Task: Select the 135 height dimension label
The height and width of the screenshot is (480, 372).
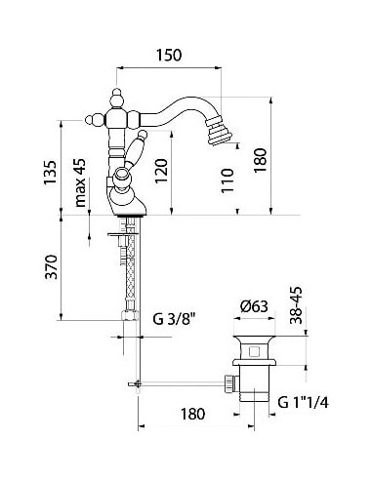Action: pos(65,174)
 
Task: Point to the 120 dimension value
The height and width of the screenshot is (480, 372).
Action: pos(186,173)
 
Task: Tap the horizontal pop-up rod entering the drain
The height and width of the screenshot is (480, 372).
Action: pos(186,385)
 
